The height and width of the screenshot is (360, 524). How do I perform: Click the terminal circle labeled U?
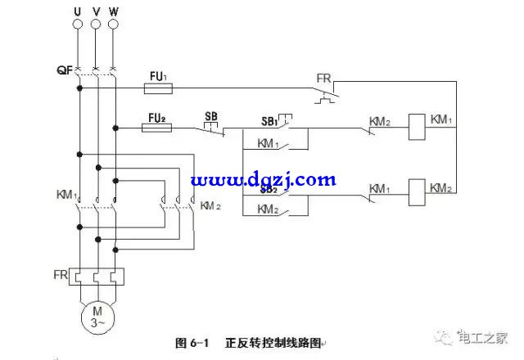coord(79,25)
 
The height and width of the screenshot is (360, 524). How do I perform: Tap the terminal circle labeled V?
coord(96,25)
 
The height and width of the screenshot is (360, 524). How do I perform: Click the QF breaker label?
coord(65,70)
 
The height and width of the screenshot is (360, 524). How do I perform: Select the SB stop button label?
coord(210,116)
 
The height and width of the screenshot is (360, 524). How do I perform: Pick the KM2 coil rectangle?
coord(417,189)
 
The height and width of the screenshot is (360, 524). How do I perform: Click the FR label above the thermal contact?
coord(324,79)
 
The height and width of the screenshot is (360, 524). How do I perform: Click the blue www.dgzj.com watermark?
coord(264,179)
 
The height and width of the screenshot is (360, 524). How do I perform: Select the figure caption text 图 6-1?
coord(193,343)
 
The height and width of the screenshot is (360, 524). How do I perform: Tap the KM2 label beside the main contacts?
coord(211,205)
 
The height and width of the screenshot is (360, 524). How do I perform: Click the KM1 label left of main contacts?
coord(66,196)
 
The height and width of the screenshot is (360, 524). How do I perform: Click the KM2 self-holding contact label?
coord(269,209)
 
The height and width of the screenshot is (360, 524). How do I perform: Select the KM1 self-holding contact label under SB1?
coord(269,144)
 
